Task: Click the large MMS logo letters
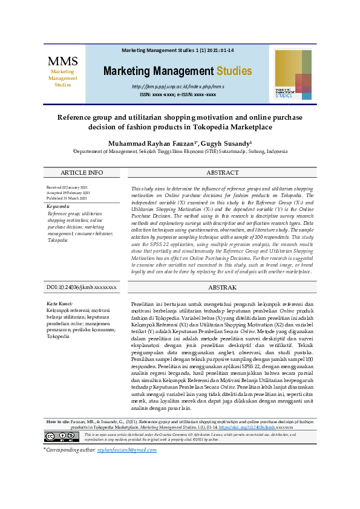point(63,61)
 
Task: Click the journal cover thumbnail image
point(293,74)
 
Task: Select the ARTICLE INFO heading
point(82,172)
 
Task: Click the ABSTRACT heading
point(222,172)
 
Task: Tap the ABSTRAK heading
point(222,288)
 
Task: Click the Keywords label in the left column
point(59,206)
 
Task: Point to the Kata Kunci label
point(60,303)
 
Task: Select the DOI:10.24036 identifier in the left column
point(82,288)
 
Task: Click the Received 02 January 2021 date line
point(67,187)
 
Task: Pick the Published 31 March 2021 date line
point(67,198)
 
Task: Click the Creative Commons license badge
point(61,436)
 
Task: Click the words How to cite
point(59,421)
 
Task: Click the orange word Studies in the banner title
point(234,71)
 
